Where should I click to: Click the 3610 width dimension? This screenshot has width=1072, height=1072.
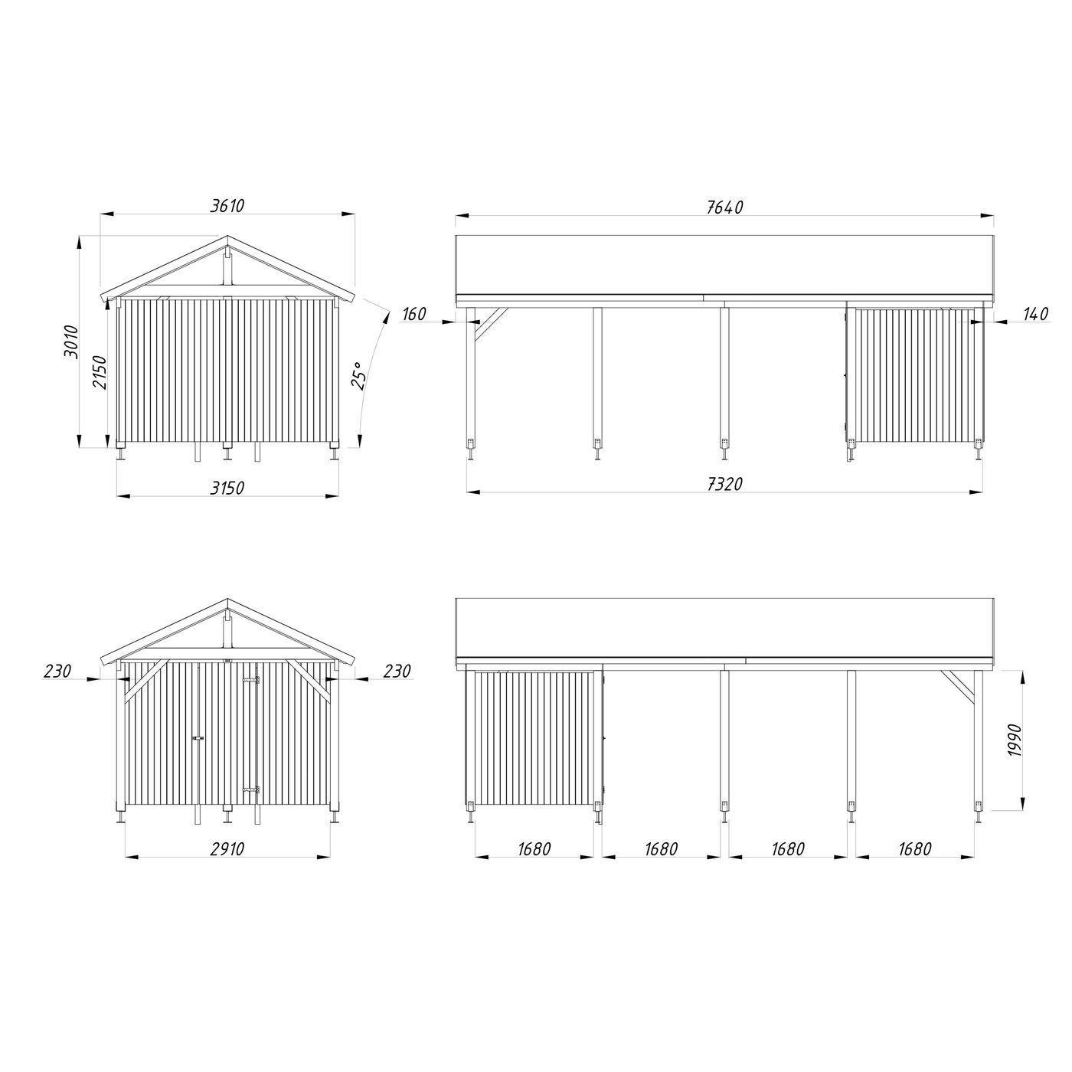click(x=227, y=206)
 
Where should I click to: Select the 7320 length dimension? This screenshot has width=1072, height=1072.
click(x=724, y=483)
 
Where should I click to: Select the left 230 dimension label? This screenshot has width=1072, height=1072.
click(x=57, y=672)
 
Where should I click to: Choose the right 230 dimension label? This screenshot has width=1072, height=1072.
click(x=397, y=672)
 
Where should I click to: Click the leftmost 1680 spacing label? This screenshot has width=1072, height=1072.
click(x=534, y=849)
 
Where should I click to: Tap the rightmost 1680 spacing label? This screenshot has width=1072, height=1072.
click(x=915, y=849)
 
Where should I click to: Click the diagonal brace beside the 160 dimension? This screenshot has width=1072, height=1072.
click(x=490, y=325)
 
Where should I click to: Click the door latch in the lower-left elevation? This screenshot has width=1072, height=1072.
click(x=199, y=738)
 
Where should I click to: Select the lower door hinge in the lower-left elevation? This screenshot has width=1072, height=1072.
click(x=250, y=789)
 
